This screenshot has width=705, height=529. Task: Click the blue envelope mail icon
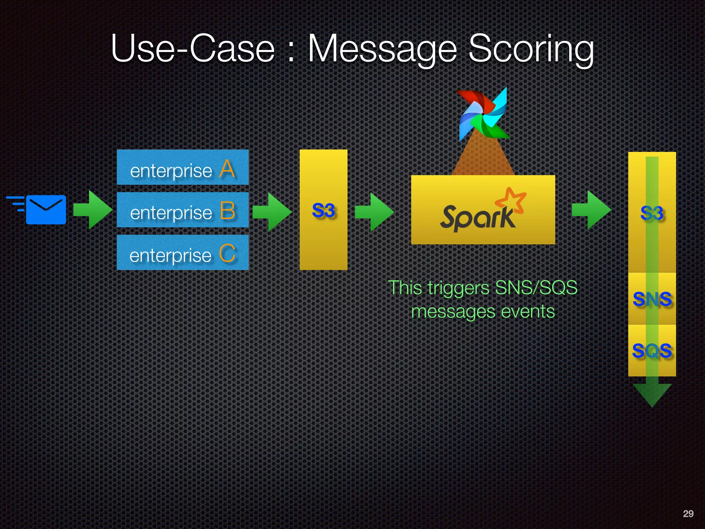point(45,209)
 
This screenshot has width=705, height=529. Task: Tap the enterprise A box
point(182,167)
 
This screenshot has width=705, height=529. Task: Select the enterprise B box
point(182,210)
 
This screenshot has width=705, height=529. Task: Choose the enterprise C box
point(182,252)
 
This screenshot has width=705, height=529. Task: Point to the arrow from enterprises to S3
point(272,211)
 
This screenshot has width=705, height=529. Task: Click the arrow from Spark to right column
point(591,209)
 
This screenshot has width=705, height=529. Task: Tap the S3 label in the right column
point(652,213)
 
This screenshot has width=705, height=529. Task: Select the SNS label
point(652,299)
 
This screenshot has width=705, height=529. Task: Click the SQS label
point(652,351)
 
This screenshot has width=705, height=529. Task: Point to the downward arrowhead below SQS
point(652,394)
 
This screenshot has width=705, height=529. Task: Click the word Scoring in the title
point(531,49)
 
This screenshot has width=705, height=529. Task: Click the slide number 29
point(688,514)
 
